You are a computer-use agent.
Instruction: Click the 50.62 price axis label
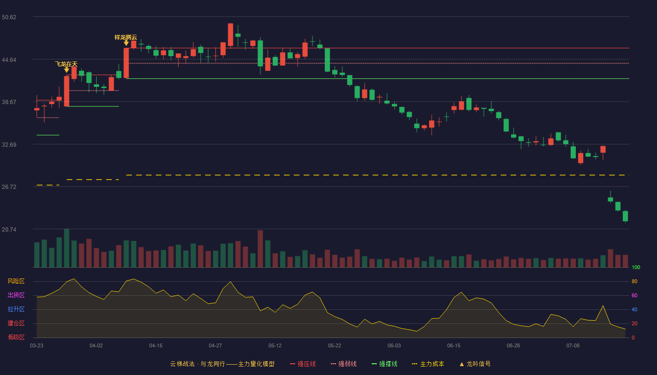pos(9,17)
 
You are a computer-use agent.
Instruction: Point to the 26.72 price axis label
pos(9,187)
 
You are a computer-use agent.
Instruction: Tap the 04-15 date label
pos(156,346)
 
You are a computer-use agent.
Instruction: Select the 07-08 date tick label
pos(573,346)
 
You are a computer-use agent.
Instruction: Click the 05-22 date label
pos(334,346)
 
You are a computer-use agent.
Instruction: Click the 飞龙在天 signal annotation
pos(66,64)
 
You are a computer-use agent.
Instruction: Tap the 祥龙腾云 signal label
pos(126,37)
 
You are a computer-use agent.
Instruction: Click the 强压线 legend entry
pos(303,364)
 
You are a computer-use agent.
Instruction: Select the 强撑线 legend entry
pos(384,364)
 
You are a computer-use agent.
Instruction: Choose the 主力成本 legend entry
pos(428,364)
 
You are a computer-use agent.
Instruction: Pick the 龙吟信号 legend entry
pos(475,364)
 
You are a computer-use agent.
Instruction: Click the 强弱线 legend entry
pos(344,364)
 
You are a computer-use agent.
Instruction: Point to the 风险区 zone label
pos(16,281)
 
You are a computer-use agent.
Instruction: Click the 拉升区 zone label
pos(16,309)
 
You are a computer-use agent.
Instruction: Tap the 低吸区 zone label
pos(16,337)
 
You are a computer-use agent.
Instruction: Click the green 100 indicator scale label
pos(636,267)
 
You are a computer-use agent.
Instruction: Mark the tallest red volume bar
pos(260,249)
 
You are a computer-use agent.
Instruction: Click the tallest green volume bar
pos(67,248)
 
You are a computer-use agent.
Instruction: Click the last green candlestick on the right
pos(625,216)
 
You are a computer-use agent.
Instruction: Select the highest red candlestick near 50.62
pos(230,35)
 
